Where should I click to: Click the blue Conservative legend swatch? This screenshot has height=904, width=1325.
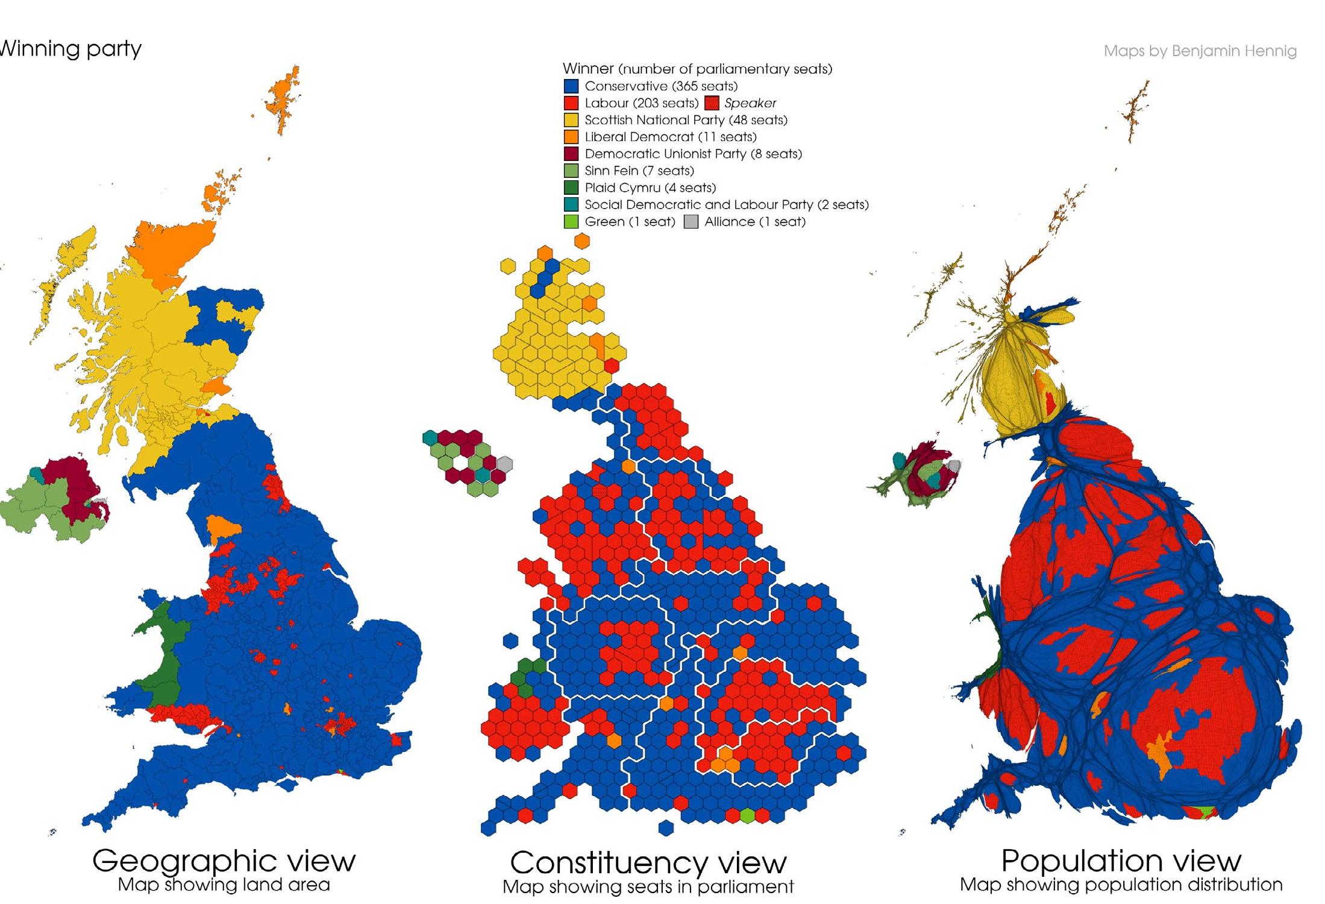coord(571,86)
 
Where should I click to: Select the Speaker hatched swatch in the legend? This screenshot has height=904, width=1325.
coord(712,103)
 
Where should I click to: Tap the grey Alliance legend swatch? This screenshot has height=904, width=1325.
coord(691,222)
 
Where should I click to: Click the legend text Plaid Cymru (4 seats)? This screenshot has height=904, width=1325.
coord(650,188)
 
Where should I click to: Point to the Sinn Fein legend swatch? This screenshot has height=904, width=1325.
coord(571,171)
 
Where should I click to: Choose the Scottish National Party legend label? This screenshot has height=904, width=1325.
coord(686,120)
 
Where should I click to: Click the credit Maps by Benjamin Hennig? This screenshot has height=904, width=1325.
coord(1200,51)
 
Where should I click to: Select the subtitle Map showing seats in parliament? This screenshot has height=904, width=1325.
coord(648,887)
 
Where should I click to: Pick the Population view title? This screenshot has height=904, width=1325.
coord(1121,860)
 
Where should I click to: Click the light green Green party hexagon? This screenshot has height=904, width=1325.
coord(747,816)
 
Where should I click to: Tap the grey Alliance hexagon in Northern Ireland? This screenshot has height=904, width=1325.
coord(505,464)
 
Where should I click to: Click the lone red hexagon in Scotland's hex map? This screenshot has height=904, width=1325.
coord(612,365)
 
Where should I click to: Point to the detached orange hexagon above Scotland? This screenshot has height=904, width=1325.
coord(581,241)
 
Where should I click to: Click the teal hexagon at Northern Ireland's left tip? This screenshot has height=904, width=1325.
coord(430,437)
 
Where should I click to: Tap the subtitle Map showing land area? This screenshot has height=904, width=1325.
coord(224,885)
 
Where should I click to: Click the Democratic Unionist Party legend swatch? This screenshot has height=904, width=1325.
coord(571,154)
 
